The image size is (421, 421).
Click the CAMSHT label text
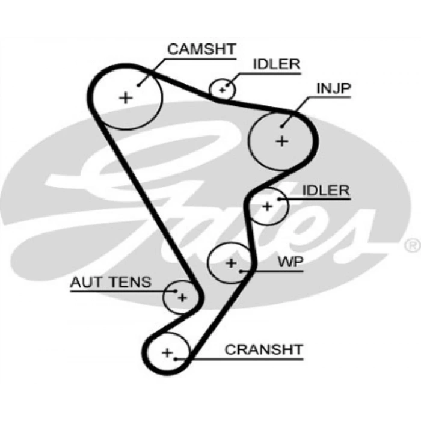pos(201,49)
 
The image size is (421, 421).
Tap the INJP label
pos(333,88)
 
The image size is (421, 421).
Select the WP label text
pos(290,262)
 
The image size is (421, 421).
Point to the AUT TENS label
pos(111,282)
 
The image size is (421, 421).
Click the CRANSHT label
pos(263,349)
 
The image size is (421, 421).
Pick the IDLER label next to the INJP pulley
pos(277,64)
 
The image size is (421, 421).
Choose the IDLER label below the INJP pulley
pos(326,191)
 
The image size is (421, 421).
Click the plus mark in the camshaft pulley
pos(126,97)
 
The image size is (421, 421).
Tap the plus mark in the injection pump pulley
pos(282,141)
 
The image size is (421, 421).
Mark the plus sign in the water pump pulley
pos(231,263)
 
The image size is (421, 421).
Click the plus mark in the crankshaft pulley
pos(167,352)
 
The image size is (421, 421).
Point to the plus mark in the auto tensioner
pos(182,298)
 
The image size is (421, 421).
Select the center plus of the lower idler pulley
pos(267,206)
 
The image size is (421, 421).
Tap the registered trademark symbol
pos(413,245)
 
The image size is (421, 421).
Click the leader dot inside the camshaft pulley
pos(138,85)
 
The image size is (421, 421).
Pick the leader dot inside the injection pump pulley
pos(281,126)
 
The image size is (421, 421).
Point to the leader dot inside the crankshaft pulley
pos(175,359)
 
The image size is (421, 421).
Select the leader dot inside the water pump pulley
pos(241,271)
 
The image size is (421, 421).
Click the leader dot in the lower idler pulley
pos(278,199)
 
